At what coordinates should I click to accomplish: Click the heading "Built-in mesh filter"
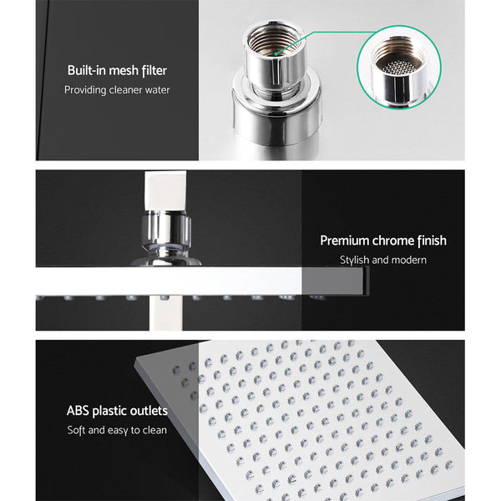(x=117, y=71)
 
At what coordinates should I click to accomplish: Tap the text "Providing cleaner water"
(x=117, y=89)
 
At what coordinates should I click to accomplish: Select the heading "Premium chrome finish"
(x=383, y=240)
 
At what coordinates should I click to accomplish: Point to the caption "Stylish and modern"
(x=383, y=260)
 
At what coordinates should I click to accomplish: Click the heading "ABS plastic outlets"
(x=117, y=411)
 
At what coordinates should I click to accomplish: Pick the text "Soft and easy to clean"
(x=117, y=430)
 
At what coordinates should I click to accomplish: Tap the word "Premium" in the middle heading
(x=346, y=240)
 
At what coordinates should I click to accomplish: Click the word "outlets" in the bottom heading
(x=149, y=411)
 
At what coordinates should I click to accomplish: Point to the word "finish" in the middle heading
(x=431, y=240)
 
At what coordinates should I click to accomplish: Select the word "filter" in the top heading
(x=156, y=71)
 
